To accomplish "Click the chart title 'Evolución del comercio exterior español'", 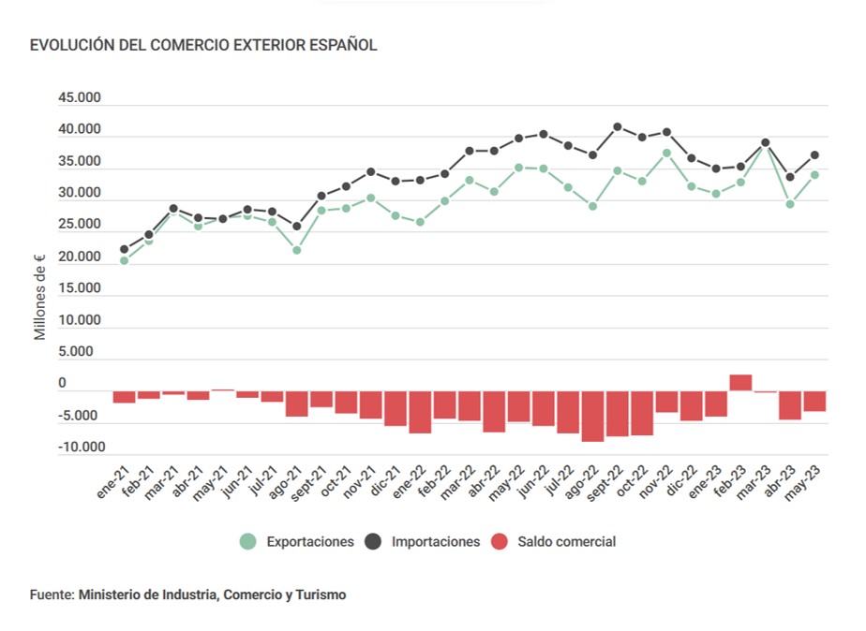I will coord(203,45).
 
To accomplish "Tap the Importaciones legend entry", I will coord(423,541).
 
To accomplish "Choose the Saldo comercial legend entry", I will coord(554,541).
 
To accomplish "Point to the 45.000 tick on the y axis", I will coord(79,98).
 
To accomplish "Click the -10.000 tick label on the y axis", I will coord(77,448).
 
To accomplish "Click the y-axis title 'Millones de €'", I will coord(40,297).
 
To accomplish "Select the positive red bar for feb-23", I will coord(740,383).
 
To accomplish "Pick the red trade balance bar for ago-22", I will coord(592,416).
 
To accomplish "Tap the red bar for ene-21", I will coord(124,397).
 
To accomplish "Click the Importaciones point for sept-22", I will coord(618,126).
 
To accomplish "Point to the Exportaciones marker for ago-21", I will coord(297,250).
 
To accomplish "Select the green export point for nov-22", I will coord(666,153).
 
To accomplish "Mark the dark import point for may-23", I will coord(815,154).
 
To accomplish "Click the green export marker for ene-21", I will coord(124,260).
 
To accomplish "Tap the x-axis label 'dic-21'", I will coord(383,483).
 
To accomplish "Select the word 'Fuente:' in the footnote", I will coord(52,594).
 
